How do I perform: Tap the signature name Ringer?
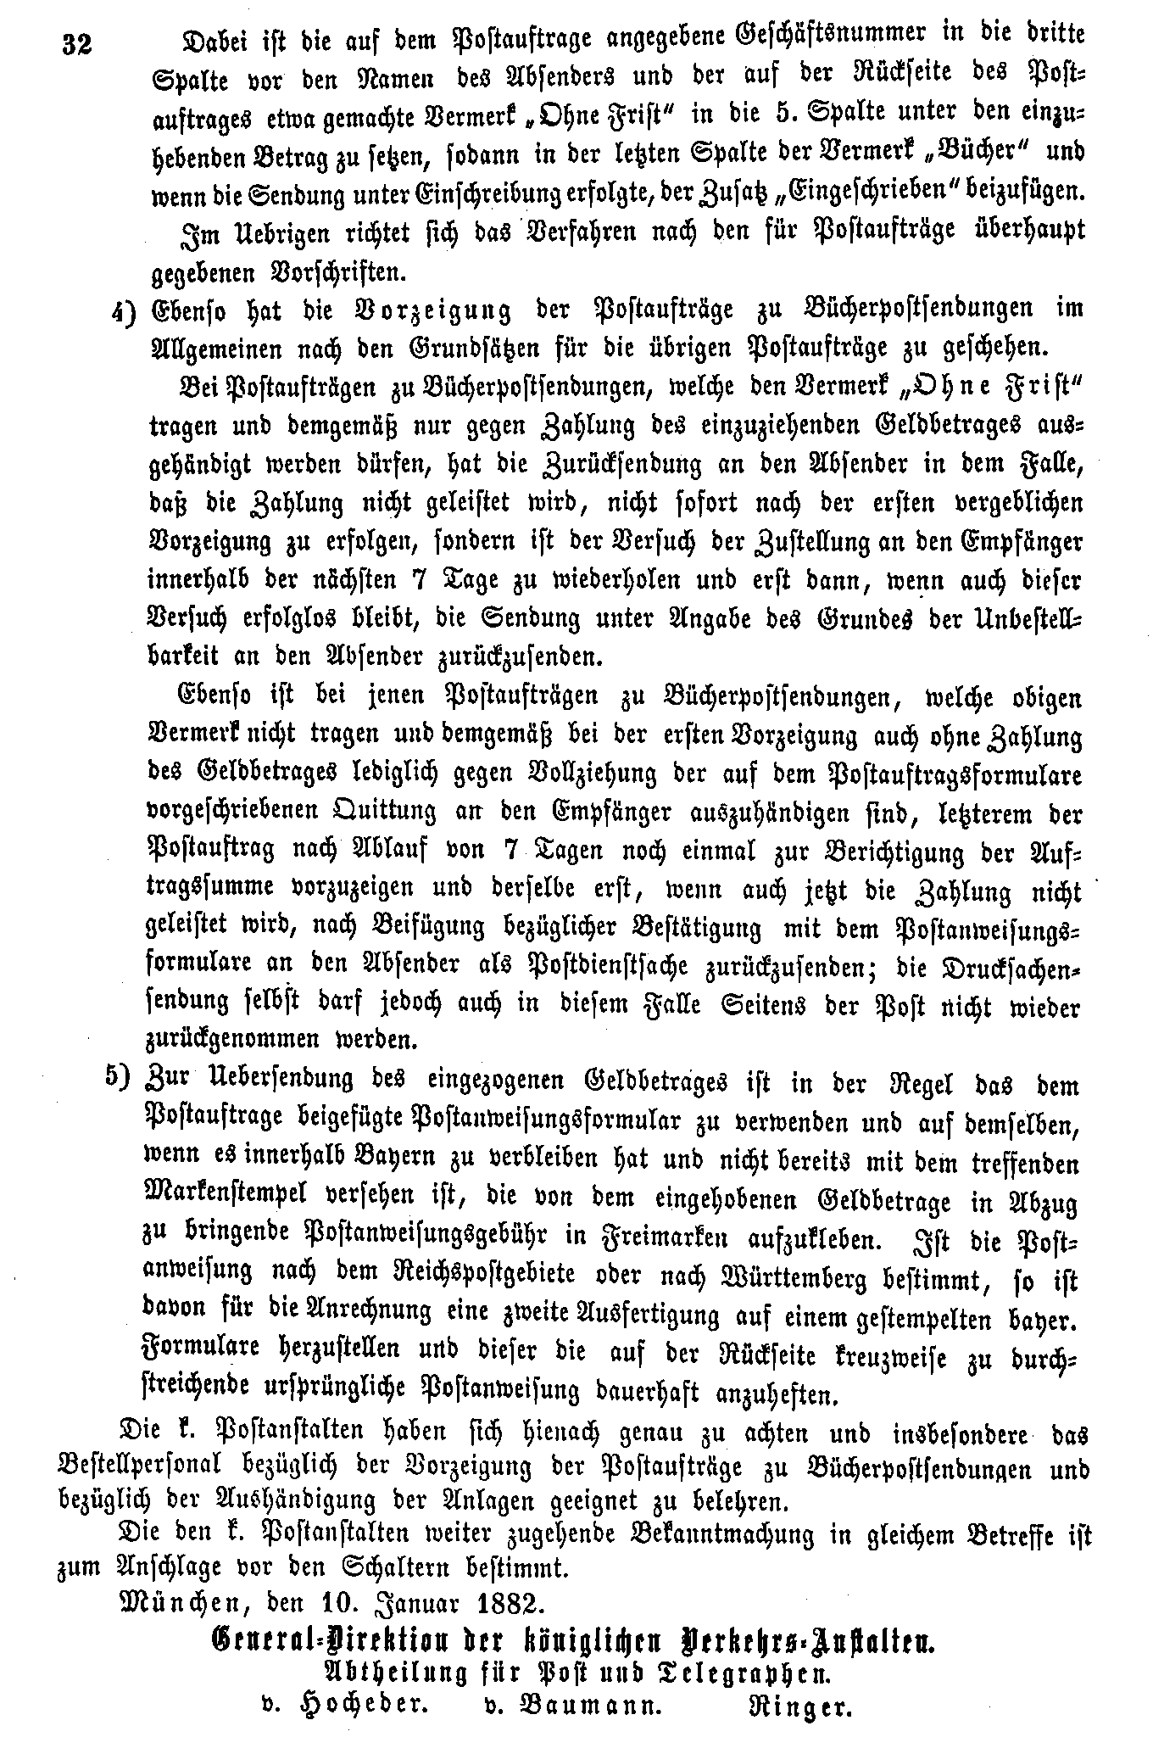pyautogui.click(x=803, y=1708)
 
